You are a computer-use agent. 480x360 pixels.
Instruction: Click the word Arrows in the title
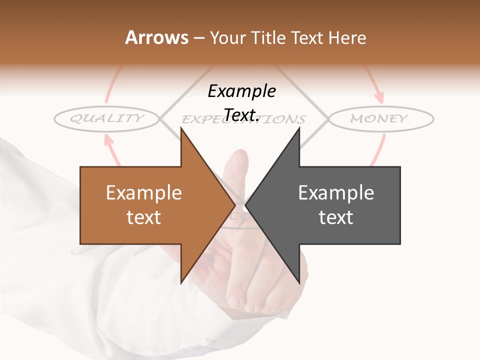click(156, 37)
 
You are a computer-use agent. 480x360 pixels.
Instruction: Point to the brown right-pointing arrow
click(150, 205)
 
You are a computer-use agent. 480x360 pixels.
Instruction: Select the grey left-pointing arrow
click(335, 205)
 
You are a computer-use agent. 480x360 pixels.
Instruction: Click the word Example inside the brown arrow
click(144, 192)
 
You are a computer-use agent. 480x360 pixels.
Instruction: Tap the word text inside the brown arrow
click(144, 217)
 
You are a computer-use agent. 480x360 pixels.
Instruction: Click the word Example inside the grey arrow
click(336, 192)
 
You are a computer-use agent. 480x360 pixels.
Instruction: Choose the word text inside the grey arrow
click(336, 217)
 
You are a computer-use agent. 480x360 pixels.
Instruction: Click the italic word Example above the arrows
click(242, 91)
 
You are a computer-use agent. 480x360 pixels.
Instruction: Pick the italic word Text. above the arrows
click(241, 115)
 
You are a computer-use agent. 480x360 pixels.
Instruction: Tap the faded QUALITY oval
click(106, 118)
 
